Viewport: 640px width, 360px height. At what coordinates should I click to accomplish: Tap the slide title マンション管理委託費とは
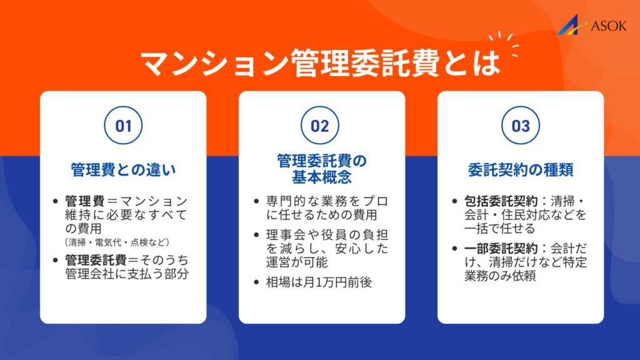pos(320,63)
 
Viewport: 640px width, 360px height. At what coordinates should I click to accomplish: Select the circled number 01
pos(124,126)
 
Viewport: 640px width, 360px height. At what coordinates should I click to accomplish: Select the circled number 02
pos(320,126)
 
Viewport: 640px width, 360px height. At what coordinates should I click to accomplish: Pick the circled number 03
pos(520,126)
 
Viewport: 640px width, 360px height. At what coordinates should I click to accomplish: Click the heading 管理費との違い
pos(124,169)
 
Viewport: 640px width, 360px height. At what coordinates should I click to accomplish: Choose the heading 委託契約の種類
pos(520,169)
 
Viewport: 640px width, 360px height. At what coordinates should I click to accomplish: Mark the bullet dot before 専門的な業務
pos(258,202)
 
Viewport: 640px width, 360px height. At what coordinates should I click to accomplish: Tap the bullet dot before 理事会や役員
pos(258,236)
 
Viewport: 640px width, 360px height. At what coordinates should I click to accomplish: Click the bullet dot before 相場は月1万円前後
pos(258,282)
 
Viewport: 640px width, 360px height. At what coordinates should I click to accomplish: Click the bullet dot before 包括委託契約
pos(455,202)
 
